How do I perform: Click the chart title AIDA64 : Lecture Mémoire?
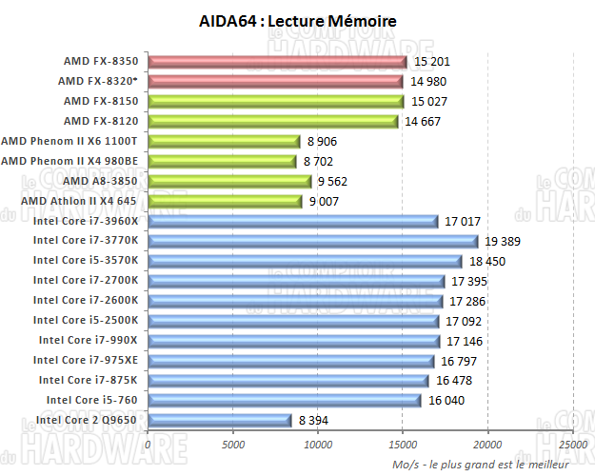[299, 20]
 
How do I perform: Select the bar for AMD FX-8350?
[277, 62]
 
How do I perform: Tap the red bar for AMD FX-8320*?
[275, 82]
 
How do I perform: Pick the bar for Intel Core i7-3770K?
[312, 242]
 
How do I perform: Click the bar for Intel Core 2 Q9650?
[219, 420]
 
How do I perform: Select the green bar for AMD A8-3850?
[229, 181]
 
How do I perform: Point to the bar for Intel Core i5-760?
[284, 400]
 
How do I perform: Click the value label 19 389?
[504, 242]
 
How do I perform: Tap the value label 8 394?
[317, 420]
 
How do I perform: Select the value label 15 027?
[429, 101]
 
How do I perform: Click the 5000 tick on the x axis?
[232, 444]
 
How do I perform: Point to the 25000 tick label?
[573, 444]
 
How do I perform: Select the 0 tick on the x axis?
[148, 444]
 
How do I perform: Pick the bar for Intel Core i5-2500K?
[293, 321]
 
